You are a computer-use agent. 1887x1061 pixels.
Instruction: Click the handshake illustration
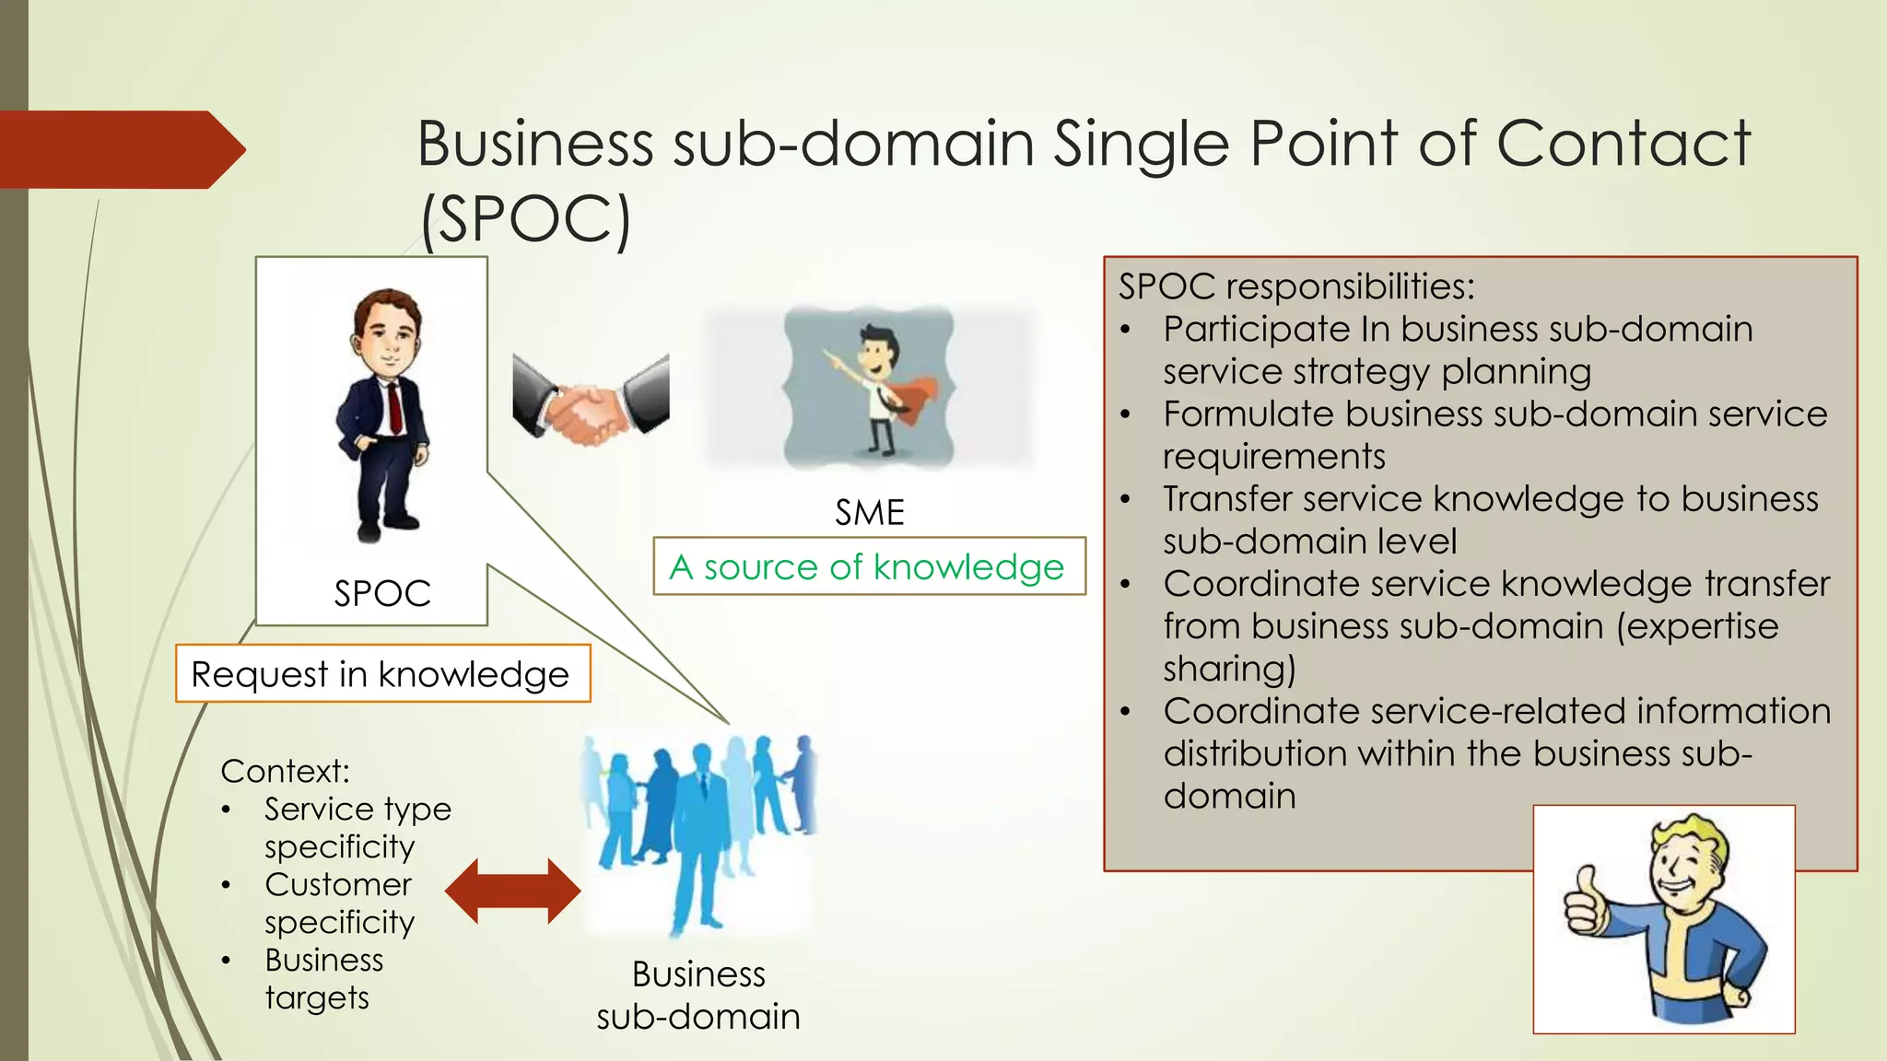pyautogui.click(x=591, y=401)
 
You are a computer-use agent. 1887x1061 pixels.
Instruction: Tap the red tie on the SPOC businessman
pyautogui.click(x=394, y=405)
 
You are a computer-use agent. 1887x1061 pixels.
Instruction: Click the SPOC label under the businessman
pyautogui.click(x=381, y=593)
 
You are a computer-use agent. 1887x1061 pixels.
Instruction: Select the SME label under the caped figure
pyautogui.click(x=869, y=512)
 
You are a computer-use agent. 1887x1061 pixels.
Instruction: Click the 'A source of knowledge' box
pyautogui.click(x=868, y=566)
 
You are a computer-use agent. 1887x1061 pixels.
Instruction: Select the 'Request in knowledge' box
pyautogui.click(x=381, y=674)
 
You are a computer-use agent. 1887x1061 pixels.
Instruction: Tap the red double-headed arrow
pyautogui.click(x=512, y=891)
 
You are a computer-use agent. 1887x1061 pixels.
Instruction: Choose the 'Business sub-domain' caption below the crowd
pyautogui.click(x=698, y=996)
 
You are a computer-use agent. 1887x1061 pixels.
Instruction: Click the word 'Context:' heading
pyautogui.click(x=285, y=771)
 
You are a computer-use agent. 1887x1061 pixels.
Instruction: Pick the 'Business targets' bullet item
pyautogui.click(x=322, y=978)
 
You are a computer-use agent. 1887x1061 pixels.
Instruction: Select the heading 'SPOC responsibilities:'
pyautogui.click(x=1295, y=286)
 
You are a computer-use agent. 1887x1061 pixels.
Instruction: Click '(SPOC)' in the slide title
pyautogui.click(x=525, y=219)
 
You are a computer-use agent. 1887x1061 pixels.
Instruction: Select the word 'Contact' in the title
pyautogui.click(x=1622, y=144)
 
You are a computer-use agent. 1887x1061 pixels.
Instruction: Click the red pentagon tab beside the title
pyautogui.click(x=120, y=149)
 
